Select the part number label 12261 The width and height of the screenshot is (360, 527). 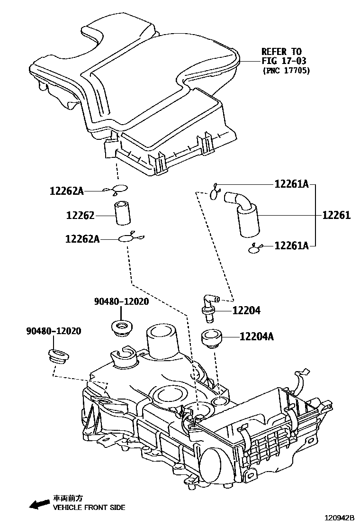point(336,216)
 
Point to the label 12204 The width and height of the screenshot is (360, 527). point(246,311)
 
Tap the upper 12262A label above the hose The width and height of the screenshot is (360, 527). point(66,191)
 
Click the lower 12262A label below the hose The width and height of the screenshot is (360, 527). point(82,239)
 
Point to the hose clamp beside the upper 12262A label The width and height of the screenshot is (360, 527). point(118,189)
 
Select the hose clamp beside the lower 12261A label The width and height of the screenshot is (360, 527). point(256,247)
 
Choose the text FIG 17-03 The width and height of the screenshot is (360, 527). point(284,61)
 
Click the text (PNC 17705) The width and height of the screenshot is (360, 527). point(286,71)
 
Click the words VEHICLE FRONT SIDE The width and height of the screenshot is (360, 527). point(89,508)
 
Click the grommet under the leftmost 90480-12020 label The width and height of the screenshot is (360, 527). point(58,355)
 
